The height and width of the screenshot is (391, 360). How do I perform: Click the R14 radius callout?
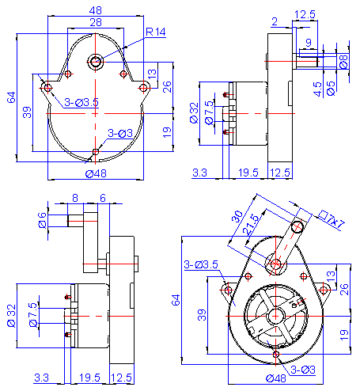155,32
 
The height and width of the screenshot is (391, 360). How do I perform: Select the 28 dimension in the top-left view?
95,24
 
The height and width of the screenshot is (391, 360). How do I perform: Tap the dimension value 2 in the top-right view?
274,21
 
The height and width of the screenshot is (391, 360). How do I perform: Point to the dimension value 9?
308,43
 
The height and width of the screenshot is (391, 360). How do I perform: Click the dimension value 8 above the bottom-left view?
75,198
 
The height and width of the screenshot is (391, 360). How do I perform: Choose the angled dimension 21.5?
252,222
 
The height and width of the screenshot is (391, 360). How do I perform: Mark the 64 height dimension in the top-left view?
12,97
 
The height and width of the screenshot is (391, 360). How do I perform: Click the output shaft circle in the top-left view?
96,61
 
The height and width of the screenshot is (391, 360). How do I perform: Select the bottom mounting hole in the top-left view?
96,151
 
